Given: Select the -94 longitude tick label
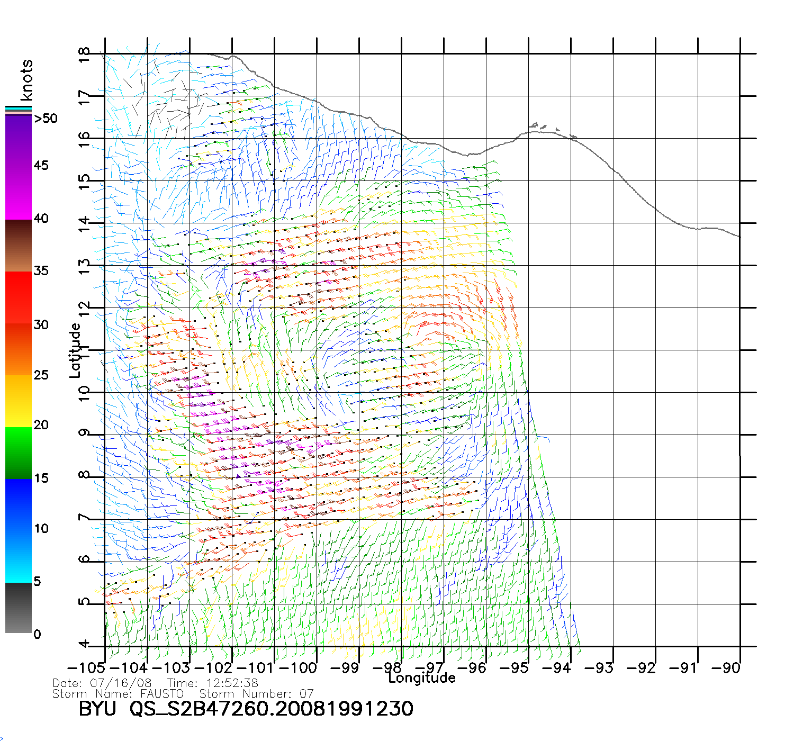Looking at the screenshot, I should (x=557, y=667).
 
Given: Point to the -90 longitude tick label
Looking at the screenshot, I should (x=726, y=667).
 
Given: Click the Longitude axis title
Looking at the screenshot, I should (x=422, y=678).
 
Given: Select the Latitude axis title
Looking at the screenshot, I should (x=75, y=350).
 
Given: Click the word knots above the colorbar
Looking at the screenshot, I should (x=26, y=80).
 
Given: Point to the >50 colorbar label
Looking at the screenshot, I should (x=46, y=119).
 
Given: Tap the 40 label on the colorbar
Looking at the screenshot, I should (x=41, y=219).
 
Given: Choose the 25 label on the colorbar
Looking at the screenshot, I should (x=41, y=375).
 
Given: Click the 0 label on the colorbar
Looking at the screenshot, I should (x=37, y=634).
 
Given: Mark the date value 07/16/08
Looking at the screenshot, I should (x=121, y=683).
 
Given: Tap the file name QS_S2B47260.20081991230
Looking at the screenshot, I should (x=272, y=709).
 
